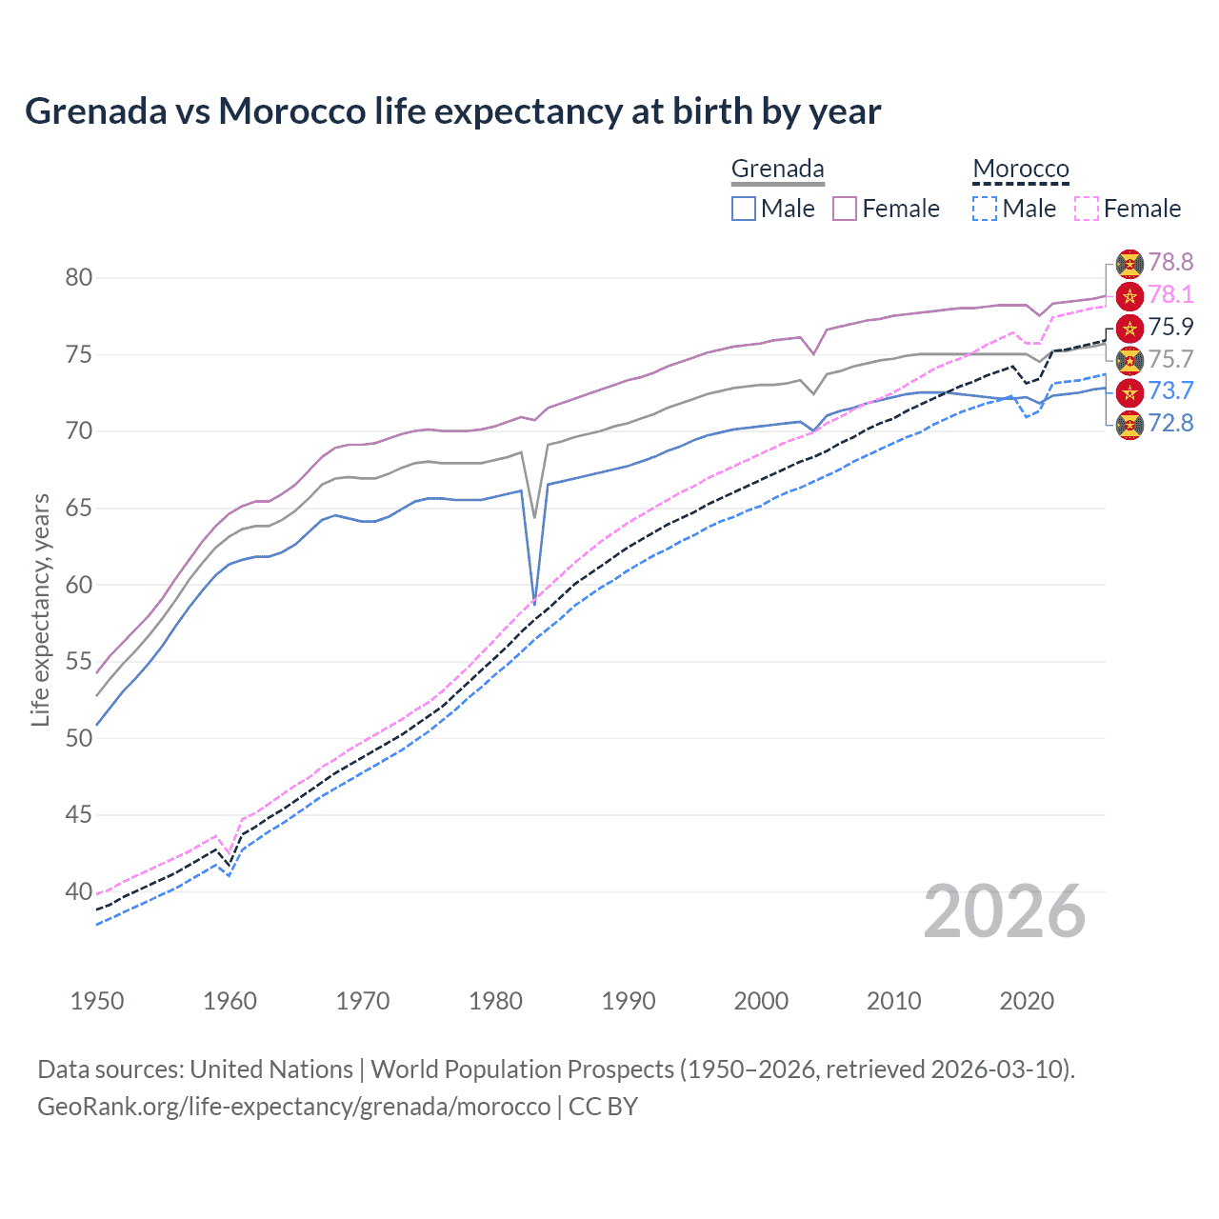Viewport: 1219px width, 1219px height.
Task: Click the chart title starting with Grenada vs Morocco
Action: click(452, 111)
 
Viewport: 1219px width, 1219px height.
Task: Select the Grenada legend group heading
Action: click(777, 170)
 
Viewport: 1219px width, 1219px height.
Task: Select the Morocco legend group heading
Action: click(1021, 170)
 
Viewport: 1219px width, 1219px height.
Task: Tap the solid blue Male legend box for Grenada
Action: click(744, 209)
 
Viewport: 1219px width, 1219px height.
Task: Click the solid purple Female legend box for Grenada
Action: click(845, 209)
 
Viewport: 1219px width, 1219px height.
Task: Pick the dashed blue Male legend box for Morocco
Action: click(985, 209)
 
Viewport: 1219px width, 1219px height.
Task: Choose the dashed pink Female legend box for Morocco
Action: click(1087, 209)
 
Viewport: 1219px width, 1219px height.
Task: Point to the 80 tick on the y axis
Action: click(79, 278)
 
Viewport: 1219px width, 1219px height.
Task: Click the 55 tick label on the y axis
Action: click(79, 662)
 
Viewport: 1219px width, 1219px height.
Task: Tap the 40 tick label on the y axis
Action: click(79, 892)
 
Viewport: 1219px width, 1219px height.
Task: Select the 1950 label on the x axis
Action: click(97, 1001)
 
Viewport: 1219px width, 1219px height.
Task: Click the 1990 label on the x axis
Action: click(629, 1001)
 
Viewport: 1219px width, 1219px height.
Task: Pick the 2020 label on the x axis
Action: click(1027, 1001)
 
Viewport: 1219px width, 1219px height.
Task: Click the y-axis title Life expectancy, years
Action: click(40, 609)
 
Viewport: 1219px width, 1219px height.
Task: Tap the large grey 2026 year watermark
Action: click(1005, 911)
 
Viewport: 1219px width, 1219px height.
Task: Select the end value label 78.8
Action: click(1170, 263)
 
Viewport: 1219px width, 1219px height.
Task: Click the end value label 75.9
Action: click(1170, 327)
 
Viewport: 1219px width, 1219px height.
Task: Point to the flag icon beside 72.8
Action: click(1129, 424)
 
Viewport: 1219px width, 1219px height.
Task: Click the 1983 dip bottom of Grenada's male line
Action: click(534, 604)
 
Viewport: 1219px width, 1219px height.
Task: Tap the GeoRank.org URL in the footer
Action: click(293, 1107)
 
